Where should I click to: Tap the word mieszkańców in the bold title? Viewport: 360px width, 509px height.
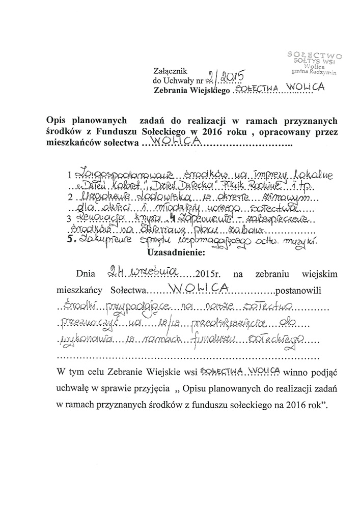point(70,144)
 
